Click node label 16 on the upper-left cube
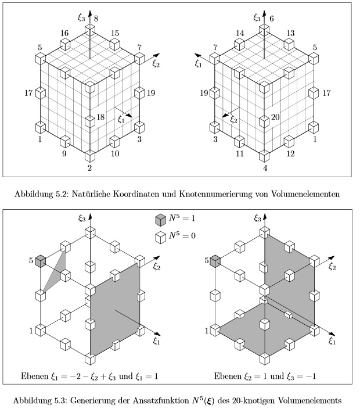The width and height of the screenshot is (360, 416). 64,33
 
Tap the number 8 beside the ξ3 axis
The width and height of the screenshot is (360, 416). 96,19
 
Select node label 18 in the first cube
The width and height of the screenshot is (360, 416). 100,117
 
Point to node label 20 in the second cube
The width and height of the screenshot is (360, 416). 275,117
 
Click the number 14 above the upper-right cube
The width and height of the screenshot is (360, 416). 240,33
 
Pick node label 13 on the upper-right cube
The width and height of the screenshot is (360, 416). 290,33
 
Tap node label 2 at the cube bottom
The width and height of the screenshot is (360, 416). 90,168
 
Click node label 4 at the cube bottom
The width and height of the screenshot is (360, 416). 265,168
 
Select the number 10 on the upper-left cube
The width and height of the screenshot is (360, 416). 115,153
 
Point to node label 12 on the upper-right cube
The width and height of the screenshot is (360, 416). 290,153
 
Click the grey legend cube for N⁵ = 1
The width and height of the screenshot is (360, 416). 160,220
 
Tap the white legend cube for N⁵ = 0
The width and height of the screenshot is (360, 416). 160,238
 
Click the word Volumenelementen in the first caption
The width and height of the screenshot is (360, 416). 305,194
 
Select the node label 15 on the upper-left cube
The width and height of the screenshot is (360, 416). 115,33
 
